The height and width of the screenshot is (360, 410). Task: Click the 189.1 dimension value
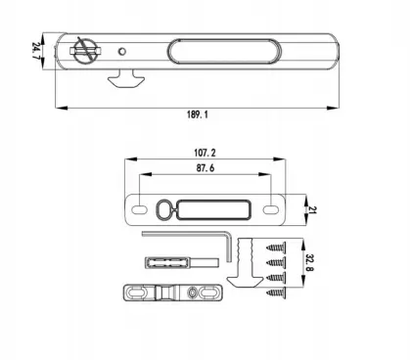[198, 114]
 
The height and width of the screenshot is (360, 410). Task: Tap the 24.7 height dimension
[36, 50]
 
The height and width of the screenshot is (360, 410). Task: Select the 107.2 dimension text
[205, 153]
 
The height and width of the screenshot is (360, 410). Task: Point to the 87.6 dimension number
[205, 168]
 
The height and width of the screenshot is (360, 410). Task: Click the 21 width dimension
[312, 209]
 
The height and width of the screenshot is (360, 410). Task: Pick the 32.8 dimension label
[309, 263]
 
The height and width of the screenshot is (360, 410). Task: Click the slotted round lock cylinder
[85, 51]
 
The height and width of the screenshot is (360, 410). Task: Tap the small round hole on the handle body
[122, 51]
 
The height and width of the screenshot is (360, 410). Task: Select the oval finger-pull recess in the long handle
[224, 51]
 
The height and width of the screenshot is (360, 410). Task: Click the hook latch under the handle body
[126, 78]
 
